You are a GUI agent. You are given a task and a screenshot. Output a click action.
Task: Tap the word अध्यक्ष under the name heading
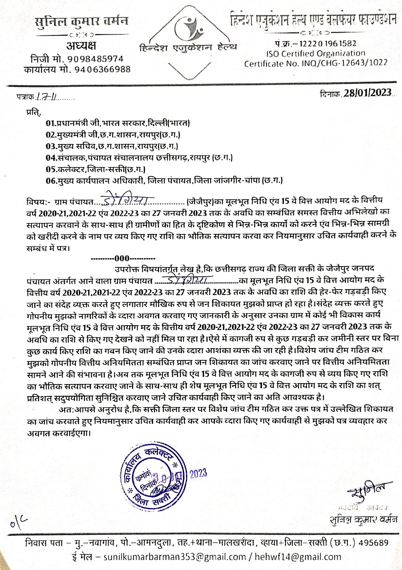(81, 46)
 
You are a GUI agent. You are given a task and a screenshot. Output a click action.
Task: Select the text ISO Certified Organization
(316, 54)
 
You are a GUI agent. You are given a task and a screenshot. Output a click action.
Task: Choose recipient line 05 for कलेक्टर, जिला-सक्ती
(95, 169)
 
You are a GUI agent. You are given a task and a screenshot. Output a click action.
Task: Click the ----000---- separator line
(123, 258)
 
